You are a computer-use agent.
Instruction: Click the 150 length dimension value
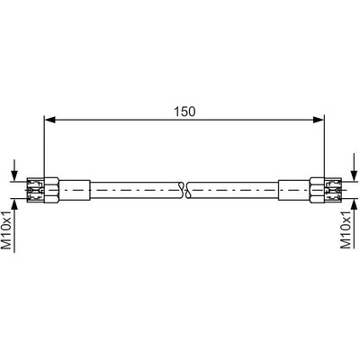[184, 112]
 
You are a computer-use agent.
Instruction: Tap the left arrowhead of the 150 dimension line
[50, 120]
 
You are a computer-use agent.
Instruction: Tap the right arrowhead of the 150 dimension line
[319, 120]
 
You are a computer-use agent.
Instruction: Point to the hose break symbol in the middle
[184, 190]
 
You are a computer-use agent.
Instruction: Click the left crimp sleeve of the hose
[75, 190]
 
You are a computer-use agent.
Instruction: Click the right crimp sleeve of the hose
[294, 190]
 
